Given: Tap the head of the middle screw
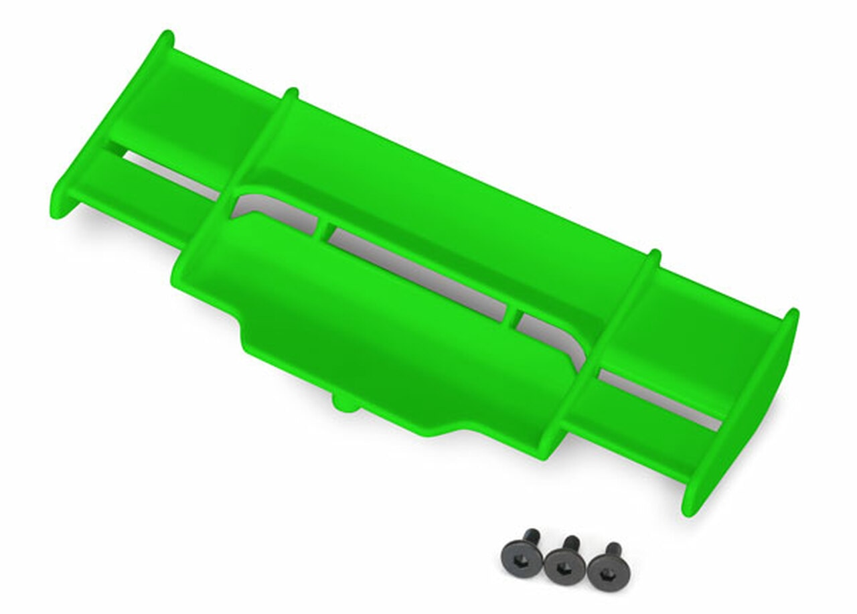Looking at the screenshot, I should click(561, 567).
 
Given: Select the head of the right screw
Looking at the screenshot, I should click(603, 573).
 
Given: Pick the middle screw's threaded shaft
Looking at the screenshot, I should click(571, 543).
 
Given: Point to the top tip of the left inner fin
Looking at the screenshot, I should click(289, 92).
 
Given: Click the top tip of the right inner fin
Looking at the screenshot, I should click(654, 254).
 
